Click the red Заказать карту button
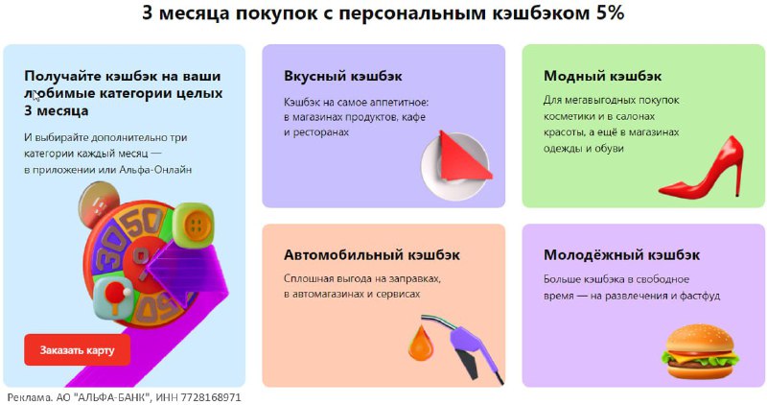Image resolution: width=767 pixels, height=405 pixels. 78,350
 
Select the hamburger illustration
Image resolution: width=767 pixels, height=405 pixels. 700,350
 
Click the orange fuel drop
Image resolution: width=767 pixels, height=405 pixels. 421,343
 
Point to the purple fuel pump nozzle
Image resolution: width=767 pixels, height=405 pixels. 470,343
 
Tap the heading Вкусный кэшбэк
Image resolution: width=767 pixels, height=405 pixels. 343,77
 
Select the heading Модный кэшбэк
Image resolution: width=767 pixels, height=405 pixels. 603,77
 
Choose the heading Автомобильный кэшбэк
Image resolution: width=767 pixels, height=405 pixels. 372,255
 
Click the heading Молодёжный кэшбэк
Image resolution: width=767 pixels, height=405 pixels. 621,255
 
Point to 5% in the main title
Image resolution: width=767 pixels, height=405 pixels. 610,12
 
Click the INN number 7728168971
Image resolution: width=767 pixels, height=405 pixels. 211,397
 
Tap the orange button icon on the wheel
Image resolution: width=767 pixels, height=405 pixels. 195,226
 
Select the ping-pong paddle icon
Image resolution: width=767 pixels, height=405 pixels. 113,298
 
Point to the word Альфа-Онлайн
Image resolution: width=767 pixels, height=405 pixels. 155,170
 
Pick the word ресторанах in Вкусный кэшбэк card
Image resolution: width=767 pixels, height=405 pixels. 321,132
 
